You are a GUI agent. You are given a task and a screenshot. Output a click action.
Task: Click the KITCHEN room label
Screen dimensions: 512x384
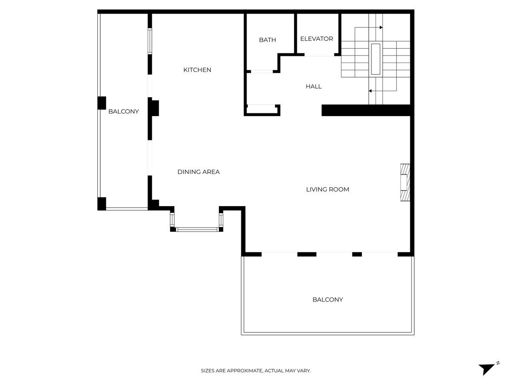[x=197, y=70]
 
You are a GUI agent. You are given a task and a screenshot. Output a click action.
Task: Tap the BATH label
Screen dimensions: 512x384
[x=268, y=40]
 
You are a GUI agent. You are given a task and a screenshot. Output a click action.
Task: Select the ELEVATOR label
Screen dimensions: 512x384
[x=317, y=39]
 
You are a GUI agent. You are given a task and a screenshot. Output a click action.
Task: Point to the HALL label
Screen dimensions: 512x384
[x=314, y=87]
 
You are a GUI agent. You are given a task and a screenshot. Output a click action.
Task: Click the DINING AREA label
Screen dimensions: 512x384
[x=198, y=172]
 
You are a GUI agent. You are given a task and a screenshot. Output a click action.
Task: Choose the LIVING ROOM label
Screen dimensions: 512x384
[x=328, y=189]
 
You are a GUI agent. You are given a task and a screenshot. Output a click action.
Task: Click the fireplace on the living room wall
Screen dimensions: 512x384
[x=405, y=183]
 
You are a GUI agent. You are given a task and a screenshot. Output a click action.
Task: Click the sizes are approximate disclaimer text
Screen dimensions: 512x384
[x=256, y=370]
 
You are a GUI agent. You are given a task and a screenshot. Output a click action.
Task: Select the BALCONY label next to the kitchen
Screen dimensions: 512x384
[x=124, y=111]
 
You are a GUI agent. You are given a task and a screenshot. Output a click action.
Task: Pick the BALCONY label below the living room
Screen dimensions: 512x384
[x=328, y=300]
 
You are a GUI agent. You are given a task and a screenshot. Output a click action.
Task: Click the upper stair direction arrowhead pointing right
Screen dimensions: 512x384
[x=381, y=27]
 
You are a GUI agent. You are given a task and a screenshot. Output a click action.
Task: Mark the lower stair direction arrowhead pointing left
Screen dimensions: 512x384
[x=370, y=91]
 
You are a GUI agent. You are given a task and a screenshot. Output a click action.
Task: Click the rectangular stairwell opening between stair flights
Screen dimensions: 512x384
[x=375, y=59]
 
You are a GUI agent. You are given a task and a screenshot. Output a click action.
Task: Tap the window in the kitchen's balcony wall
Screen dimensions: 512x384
[x=150, y=41]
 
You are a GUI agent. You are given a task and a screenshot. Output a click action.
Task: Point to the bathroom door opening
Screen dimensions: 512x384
[x=262, y=71]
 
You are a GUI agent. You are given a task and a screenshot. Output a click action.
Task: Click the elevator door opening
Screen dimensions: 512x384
[x=319, y=55]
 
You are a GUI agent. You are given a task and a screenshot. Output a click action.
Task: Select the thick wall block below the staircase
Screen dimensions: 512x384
[x=366, y=110]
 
